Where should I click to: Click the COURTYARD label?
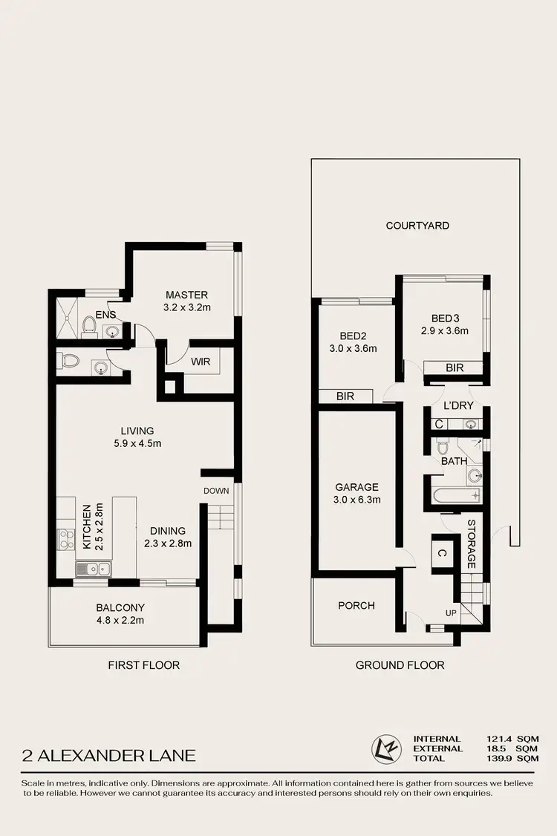(417, 225)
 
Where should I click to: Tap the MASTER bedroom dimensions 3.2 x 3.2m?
(186, 307)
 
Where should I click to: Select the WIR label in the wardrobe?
(201, 362)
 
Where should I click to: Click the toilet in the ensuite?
(89, 324)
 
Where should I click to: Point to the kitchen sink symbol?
(94, 569)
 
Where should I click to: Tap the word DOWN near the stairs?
(217, 491)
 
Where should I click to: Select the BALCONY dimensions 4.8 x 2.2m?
(120, 620)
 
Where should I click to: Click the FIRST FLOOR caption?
(143, 664)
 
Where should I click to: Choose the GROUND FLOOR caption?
(400, 664)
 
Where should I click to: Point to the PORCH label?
(356, 605)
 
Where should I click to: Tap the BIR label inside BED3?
(455, 368)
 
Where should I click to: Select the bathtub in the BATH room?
(456, 496)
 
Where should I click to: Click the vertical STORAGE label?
(471, 544)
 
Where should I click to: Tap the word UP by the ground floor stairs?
(451, 613)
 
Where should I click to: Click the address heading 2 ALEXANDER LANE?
(108, 756)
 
